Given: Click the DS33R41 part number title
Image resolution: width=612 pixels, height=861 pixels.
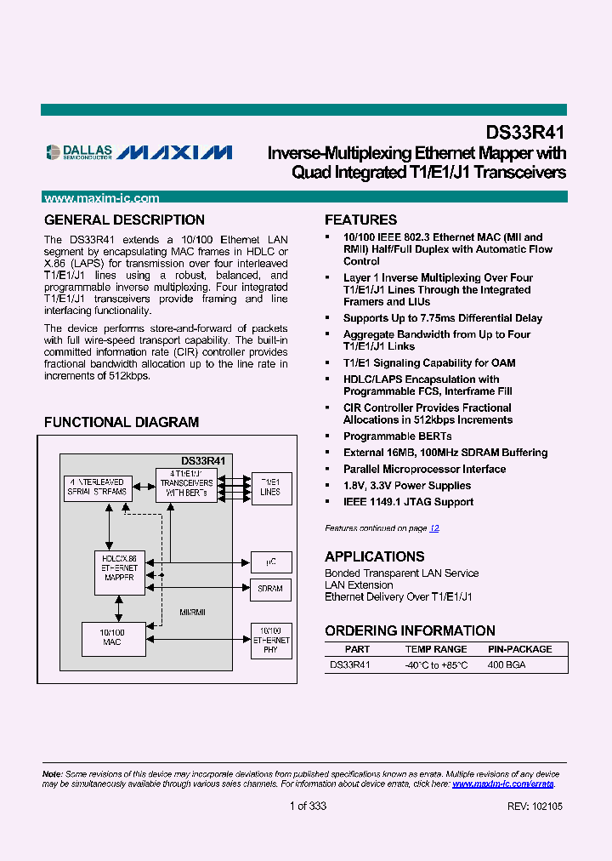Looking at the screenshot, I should pyautogui.click(x=525, y=133).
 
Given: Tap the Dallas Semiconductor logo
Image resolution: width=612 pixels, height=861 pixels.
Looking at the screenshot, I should pyautogui.click(x=78, y=152).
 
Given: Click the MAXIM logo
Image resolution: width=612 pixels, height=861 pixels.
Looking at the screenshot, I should pyautogui.click(x=174, y=153).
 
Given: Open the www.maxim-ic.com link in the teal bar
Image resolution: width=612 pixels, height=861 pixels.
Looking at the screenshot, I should pyautogui.click(x=101, y=198).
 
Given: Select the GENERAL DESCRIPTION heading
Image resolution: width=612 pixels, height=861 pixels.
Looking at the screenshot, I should pyautogui.click(x=124, y=220).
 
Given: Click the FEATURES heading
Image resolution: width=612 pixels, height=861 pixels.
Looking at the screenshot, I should pyautogui.click(x=360, y=220).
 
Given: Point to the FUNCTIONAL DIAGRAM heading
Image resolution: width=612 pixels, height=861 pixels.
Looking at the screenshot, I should pyautogui.click(x=122, y=423).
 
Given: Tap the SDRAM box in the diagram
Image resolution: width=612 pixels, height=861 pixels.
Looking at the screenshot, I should pyautogui.click(x=270, y=589).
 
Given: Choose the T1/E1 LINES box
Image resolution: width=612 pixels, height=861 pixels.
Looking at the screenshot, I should pyautogui.click(x=270, y=487).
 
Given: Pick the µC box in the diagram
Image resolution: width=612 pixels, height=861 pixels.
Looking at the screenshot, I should pyautogui.click(x=270, y=562).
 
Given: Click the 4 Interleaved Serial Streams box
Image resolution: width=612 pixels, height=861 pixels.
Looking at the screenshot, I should pyautogui.click(x=97, y=487).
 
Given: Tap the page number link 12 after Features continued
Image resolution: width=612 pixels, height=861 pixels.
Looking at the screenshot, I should pyautogui.click(x=434, y=528).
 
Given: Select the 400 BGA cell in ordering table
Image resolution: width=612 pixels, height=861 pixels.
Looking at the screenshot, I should pyautogui.click(x=507, y=664).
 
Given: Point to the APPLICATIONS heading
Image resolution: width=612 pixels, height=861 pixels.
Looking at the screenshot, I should pyautogui.click(x=374, y=556).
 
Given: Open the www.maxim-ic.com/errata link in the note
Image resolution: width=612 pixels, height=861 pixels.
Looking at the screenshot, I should pyautogui.click(x=502, y=784).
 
